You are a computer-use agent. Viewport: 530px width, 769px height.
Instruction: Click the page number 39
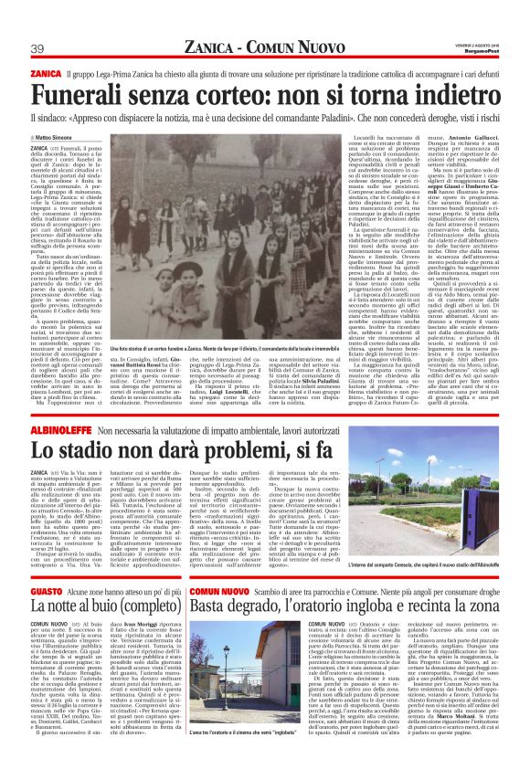click(39, 48)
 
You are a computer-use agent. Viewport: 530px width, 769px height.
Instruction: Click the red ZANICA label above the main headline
click(46, 72)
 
